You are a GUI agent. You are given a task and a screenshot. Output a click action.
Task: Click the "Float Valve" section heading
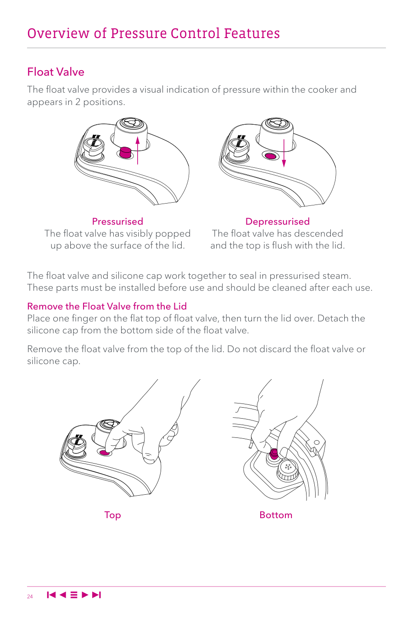pyautogui.click(x=56, y=72)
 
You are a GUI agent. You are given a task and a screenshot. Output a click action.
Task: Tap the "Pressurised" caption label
pyautogui.click(x=117, y=221)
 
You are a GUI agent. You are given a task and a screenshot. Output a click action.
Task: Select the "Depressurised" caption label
pyautogui.click(x=278, y=221)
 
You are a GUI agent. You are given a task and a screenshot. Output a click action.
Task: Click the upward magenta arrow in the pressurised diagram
pyautogui.click(x=138, y=150)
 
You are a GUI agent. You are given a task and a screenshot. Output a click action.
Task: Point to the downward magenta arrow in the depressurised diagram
pyautogui.click(x=284, y=153)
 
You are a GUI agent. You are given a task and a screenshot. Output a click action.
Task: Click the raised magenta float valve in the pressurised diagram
pyautogui.click(x=126, y=152)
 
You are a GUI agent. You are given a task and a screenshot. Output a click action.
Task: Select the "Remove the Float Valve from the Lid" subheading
pyautogui.click(x=107, y=306)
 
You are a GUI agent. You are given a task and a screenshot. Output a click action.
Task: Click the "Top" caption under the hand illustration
pyautogui.click(x=112, y=515)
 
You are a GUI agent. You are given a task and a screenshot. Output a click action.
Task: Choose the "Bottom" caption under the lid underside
pyautogui.click(x=276, y=515)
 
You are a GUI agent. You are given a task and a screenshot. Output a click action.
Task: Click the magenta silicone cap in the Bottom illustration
pyautogui.click(x=274, y=454)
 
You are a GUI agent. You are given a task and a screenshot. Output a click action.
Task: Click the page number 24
pyautogui.click(x=30, y=597)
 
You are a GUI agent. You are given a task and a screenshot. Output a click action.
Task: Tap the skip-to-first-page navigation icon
pyautogui.click(x=51, y=595)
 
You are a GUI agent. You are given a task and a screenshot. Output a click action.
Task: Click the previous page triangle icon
pyautogui.click(x=63, y=595)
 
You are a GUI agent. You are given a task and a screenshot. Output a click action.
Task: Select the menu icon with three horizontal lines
pyautogui.click(x=74, y=595)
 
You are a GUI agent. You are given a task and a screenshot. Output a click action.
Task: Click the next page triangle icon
pyautogui.click(x=85, y=595)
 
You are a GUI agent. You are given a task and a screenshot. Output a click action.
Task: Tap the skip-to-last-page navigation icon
pyautogui.click(x=96, y=595)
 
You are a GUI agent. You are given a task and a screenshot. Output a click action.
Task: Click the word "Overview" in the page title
pyautogui.click(x=58, y=33)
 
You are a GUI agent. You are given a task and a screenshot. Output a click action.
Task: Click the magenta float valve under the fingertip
pyautogui.click(x=105, y=453)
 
